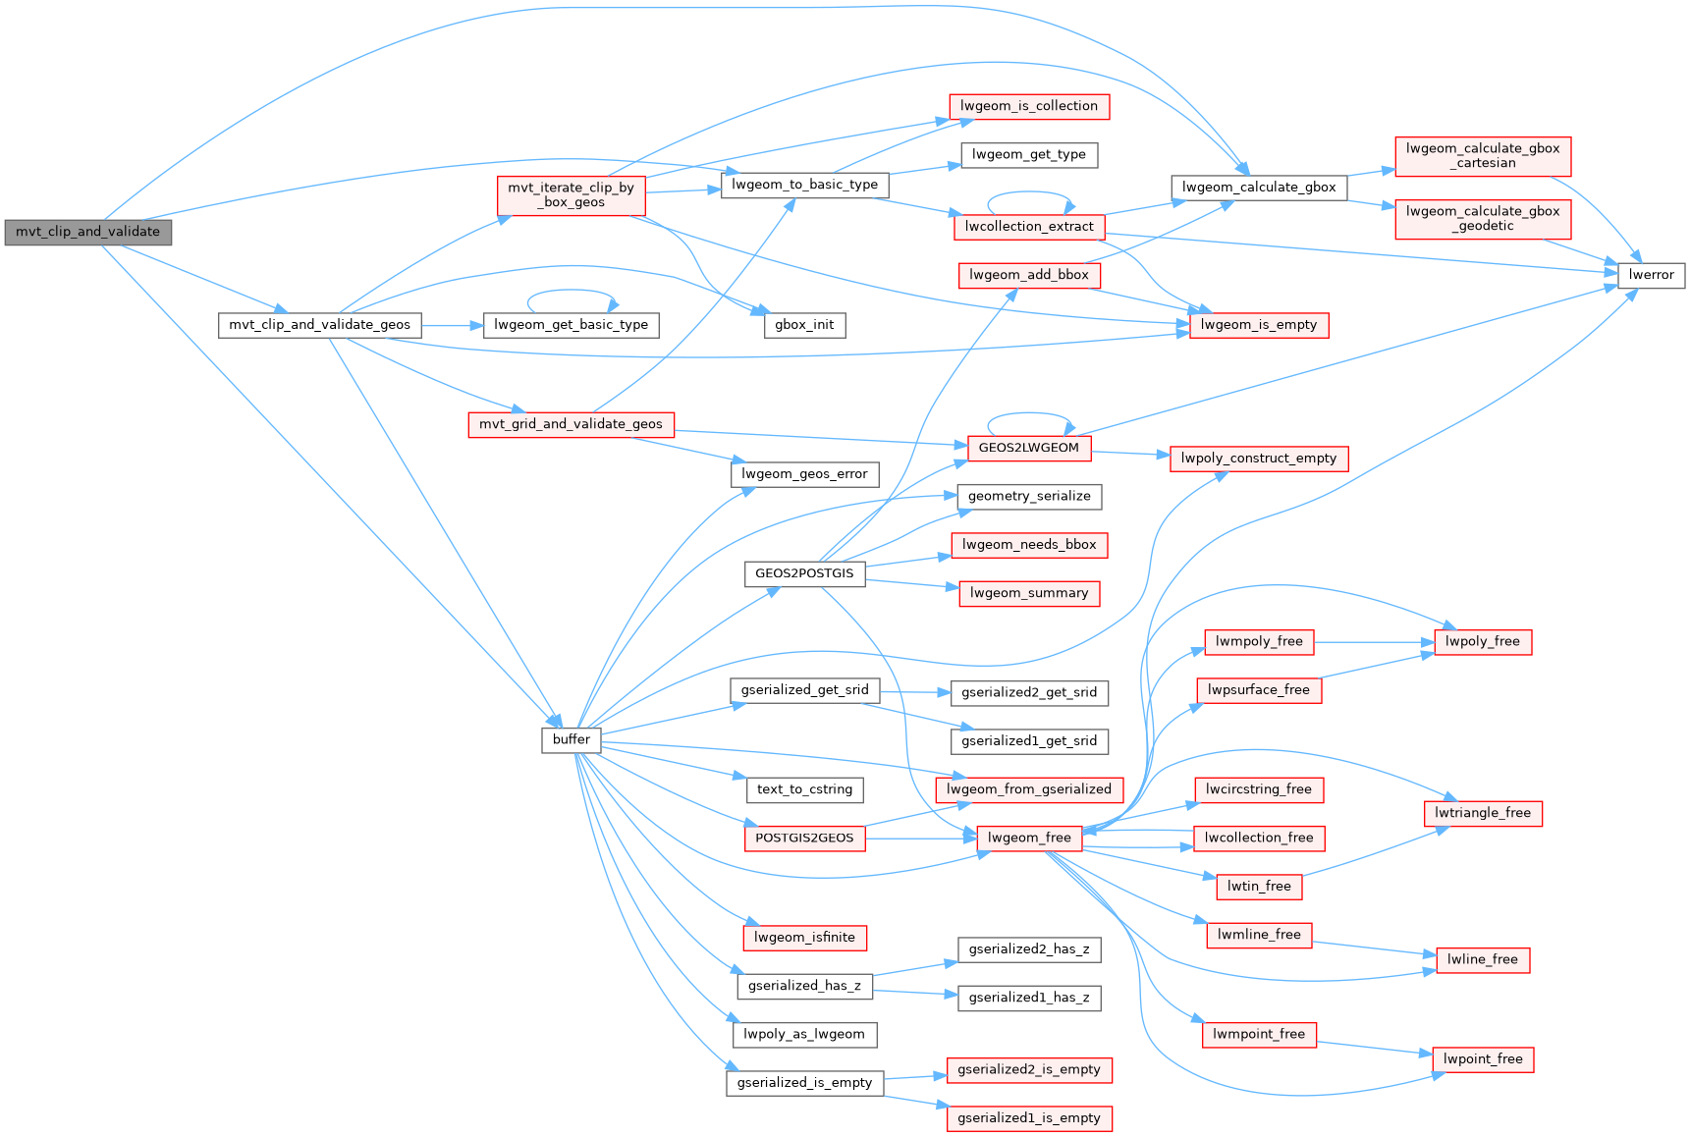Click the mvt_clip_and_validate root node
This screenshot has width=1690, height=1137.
click(87, 232)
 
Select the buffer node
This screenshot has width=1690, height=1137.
click(571, 739)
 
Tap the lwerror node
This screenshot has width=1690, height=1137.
click(1651, 275)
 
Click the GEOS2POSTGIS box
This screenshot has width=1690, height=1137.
click(804, 573)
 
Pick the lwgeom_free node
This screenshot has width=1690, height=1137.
click(1028, 838)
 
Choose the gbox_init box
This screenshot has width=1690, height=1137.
click(804, 325)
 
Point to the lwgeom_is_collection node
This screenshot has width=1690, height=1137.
click(1028, 106)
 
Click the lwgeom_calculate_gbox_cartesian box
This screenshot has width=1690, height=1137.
click(1482, 156)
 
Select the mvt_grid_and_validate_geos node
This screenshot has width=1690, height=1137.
click(571, 424)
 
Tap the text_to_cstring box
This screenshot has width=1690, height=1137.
click(804, 789)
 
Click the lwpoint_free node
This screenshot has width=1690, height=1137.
click(1482, 1059)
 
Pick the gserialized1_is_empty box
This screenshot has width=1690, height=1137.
click(1028, 1118)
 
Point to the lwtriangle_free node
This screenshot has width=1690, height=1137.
click(1482, 813)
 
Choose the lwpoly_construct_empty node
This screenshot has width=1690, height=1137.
click(1258, 459)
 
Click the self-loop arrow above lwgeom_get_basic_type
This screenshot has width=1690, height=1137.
click(572, 291)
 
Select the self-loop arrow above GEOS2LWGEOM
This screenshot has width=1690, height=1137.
click(1028, 414)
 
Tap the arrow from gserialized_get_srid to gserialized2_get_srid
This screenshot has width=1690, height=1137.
click(914, 692)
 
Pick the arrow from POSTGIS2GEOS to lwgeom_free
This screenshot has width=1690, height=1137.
click(920, 839)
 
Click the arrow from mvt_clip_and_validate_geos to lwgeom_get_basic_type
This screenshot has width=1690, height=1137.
click(452, 325)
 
